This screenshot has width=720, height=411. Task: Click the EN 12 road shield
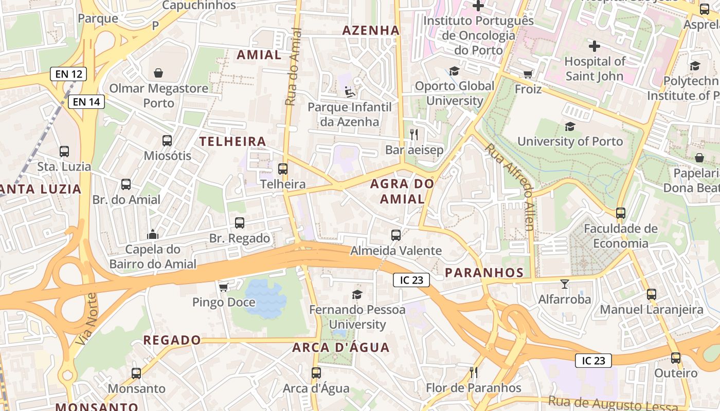click(x=68, y=74)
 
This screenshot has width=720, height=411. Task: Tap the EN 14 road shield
click(x=86, y=102)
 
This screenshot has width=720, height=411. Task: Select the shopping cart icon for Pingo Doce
click(x=223, y=287)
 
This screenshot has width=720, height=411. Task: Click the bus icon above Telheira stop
click(x=282, y=169)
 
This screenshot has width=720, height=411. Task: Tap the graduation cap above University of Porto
click(x=570, y=126)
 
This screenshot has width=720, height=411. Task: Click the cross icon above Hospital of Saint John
click(x=595, y=46)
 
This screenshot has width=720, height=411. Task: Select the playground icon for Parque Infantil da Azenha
click(x=350, y=92)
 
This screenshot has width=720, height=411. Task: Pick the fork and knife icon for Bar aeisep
click(x=413, y=135)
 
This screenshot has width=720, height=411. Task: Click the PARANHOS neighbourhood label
click(x=484, y=273)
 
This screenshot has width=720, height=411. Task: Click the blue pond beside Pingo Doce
click(x=264, y=300)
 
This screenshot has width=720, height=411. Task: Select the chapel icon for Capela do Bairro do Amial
click(x=152, y=235)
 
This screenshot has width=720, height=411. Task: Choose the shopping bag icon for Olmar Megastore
click(x=158, y=73)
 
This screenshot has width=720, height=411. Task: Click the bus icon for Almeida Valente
click(x=395, y=235)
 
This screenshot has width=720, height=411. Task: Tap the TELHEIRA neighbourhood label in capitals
click(x=232, y=142)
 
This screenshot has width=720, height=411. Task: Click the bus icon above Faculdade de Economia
click(x=620, y=213)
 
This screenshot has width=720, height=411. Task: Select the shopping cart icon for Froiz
click(x=528, y=74)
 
